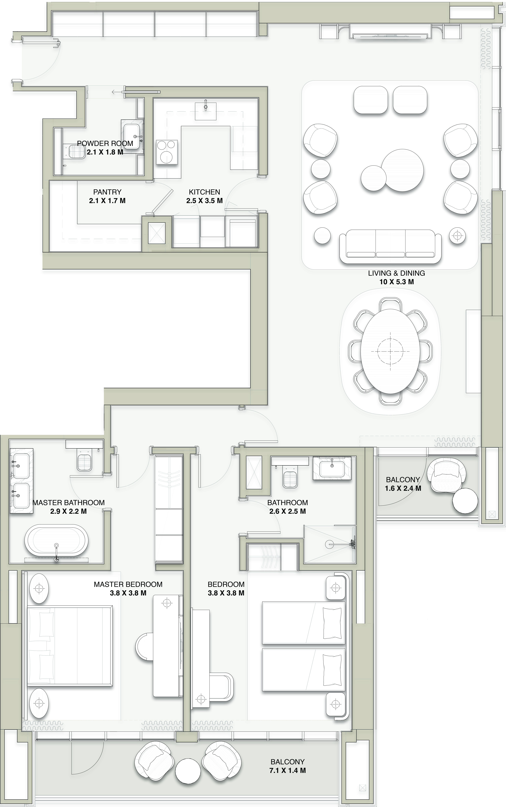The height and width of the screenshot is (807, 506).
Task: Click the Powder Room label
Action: tap(105, 143)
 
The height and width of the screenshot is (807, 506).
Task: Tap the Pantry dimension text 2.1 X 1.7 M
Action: tap(107, 201)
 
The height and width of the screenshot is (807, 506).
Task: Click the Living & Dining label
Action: tap(397, 273)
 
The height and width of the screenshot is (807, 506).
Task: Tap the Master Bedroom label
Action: tap(128, 584)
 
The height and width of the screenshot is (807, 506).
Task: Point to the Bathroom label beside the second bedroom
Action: tap(288, 503)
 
